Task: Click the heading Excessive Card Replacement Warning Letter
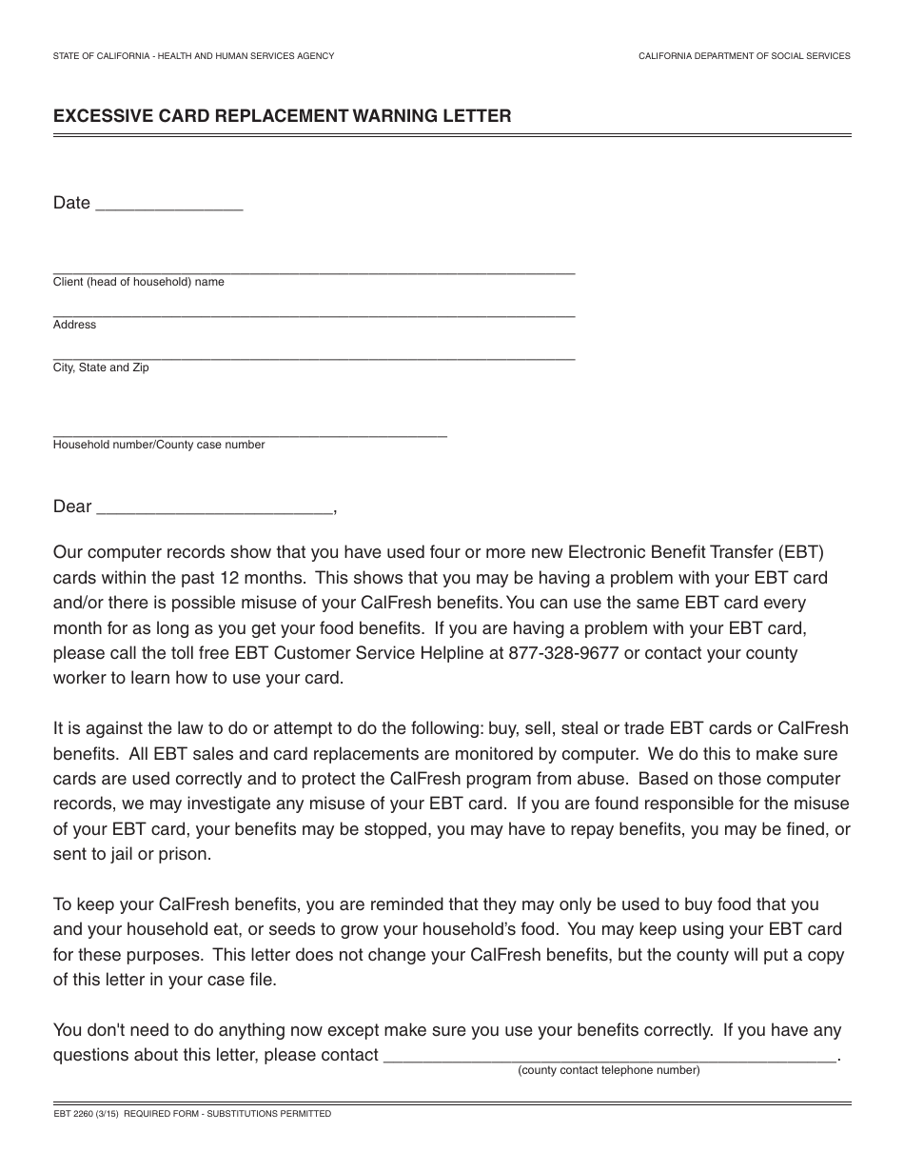[x=282, y=116]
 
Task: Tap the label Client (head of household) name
[x=139, y=282]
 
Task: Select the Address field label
[x=74, y=325]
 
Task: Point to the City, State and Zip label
[x=101, y=367]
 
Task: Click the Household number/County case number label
[x=159, y=445]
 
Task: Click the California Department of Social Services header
[x=744, y=56]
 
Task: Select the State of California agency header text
[x=193, y=56]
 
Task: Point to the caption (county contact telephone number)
[x=608, y=1070]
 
